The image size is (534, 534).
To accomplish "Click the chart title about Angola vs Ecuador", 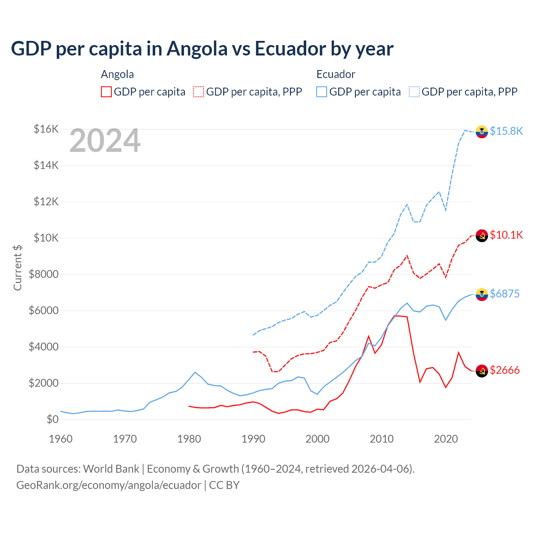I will click(x=202, y=49).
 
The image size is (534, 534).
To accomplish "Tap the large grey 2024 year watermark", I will click(x=105, y=141).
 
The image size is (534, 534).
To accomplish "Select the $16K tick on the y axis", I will click(x=46, y=129).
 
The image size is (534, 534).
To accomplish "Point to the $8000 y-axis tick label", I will click(x=43, y=274).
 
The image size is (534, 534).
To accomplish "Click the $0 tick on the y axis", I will click(x=52, y=419).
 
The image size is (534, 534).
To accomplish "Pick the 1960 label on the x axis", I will click(x=61, y=439).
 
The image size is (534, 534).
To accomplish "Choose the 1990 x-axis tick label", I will click(x=254, y=439).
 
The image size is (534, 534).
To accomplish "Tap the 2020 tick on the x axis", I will click(x=446, y=439).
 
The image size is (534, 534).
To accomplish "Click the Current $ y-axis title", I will click(x=18, y=268).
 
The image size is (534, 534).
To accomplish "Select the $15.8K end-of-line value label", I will click(x=506, y=131).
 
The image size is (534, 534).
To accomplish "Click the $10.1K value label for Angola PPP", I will click(x=506, y=235).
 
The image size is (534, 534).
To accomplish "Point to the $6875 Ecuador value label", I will click(x=505, y=294).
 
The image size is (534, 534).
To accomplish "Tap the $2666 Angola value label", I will click(x=505, y=370).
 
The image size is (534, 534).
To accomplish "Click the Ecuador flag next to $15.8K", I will click(x=482, y=131).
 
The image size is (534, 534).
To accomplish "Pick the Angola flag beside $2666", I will click(x=482, y=370).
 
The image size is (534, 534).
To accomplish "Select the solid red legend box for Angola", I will click(x=106, y=92).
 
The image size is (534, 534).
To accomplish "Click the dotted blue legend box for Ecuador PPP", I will click(x=414, y=92).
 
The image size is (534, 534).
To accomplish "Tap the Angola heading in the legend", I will click(x=117, y=74).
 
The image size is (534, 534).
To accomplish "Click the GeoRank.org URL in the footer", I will click(x=108, y=485).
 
